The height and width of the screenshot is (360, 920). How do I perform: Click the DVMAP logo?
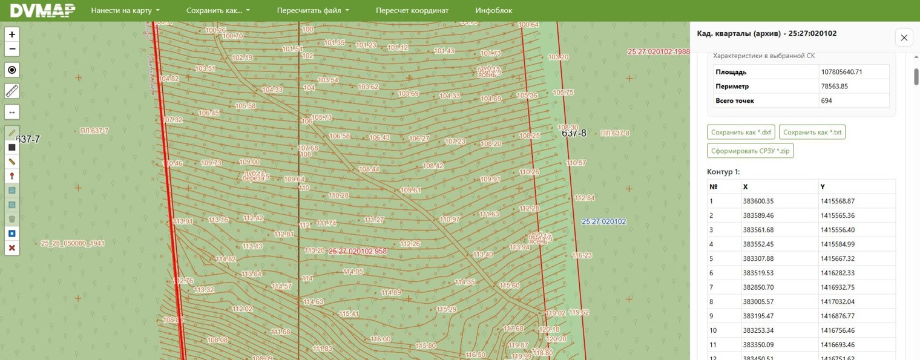(x=42, y=10)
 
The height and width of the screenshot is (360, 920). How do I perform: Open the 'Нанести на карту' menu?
(x=125, y=10)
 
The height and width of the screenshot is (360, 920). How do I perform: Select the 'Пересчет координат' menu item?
(x=412, y=10)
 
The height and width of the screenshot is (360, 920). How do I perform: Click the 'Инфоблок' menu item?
(x=493, y=10)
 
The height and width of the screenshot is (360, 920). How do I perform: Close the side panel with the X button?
(x=904, y=38)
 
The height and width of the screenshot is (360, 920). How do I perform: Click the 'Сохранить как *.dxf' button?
(x=741, y=133)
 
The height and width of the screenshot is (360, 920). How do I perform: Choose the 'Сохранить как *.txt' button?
(x=812, y=133)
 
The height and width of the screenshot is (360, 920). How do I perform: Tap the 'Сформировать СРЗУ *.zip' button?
(x=750, y=151)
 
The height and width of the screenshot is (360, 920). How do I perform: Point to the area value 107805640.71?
(x=841, y=72)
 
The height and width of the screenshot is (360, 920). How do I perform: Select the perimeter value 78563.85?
(x=834, y=87)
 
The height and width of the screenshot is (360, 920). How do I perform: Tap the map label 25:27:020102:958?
(x=357, y=251)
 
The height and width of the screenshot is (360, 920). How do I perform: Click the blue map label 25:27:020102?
(x=603, y=222)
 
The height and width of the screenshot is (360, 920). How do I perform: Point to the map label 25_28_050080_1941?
(x=73, y=243)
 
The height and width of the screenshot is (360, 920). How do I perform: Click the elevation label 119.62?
(x=579, y=312)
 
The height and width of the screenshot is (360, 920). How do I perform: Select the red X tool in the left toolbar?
(x=11, y=248)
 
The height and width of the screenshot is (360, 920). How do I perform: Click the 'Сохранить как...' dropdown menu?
(x=217, y=10)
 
